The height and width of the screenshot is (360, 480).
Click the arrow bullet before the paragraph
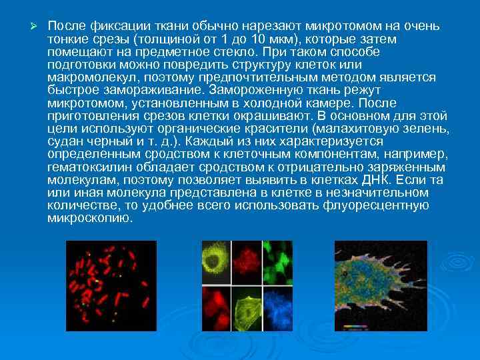27,26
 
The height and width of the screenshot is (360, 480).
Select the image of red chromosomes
111,286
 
